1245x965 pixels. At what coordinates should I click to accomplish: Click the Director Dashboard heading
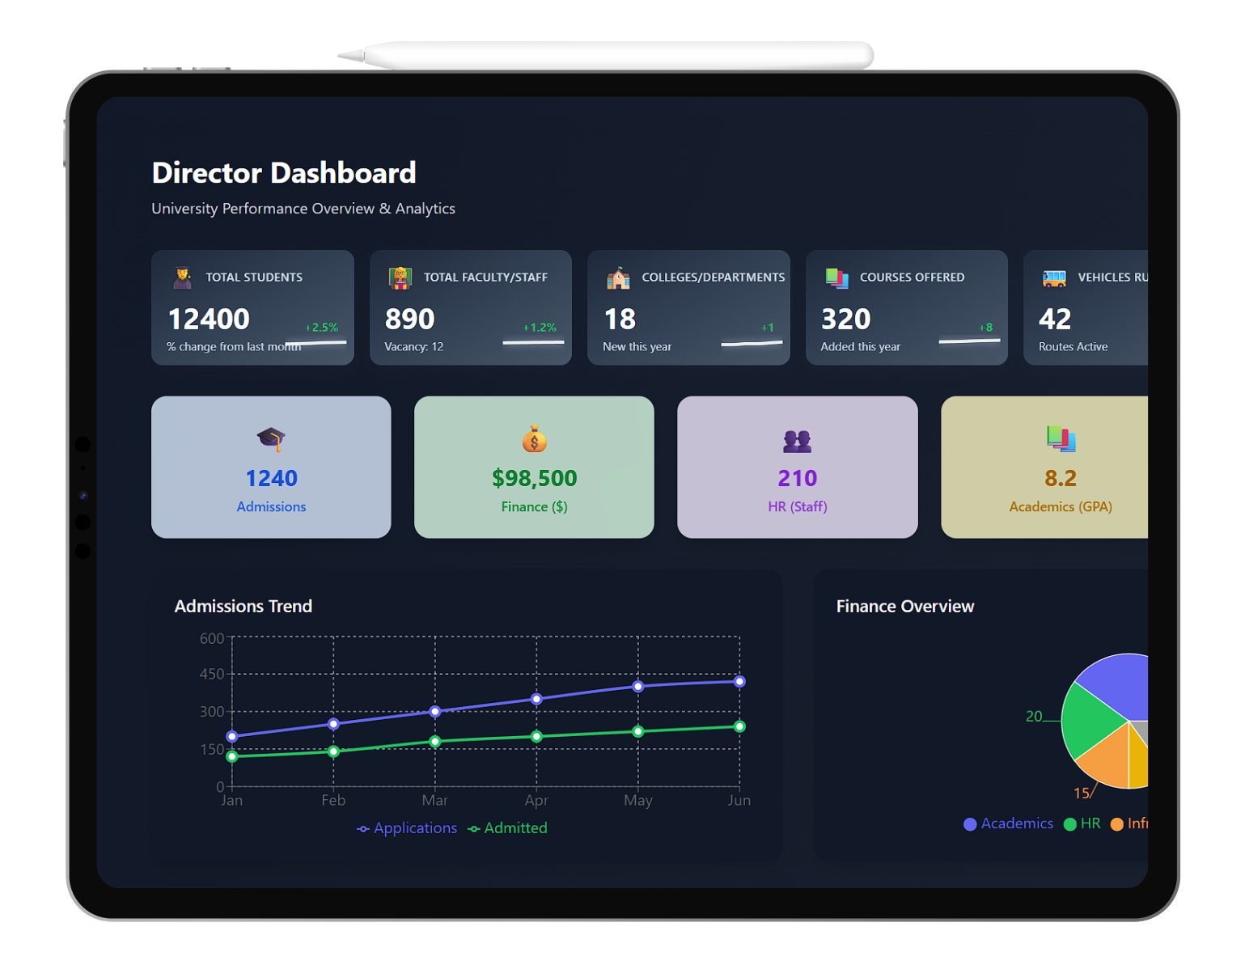[284, 173]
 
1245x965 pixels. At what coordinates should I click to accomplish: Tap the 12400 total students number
[209, 320]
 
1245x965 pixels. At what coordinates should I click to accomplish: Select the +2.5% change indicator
[321, 328]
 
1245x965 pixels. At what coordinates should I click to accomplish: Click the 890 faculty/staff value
[410, 320]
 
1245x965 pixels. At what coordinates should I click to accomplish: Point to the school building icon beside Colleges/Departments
[618, 278]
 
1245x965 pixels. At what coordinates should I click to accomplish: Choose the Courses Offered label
[912, 277]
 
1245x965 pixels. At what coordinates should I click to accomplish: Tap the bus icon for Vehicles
[1054, 278]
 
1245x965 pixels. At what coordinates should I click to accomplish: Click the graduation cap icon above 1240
[271, 439]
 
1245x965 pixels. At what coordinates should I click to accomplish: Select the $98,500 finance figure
[534, 478]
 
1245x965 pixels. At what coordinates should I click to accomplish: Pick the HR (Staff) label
[797, 507]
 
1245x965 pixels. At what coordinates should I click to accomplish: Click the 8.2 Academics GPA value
[1060, 478]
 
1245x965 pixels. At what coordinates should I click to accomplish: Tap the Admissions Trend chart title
[243, 607]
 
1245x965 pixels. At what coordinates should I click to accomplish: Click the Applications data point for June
[739, 682]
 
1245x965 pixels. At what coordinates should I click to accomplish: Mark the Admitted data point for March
[435, 741]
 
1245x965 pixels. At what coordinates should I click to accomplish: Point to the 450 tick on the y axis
[212, 674]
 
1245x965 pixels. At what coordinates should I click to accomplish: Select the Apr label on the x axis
[536, 801]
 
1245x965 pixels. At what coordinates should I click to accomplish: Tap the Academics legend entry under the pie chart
[1009, 823]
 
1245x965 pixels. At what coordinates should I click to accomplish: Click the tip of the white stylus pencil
[341, 55]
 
